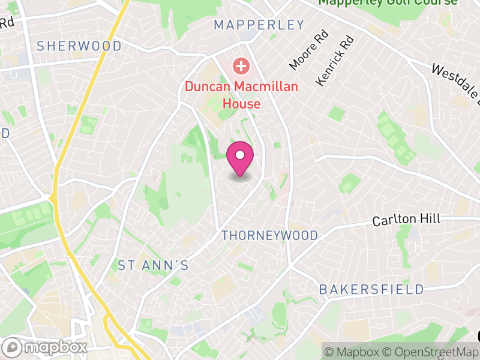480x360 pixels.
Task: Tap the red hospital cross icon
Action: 241,65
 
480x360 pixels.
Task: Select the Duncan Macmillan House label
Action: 241,95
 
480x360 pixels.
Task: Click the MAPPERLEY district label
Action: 259,25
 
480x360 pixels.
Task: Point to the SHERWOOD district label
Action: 79,46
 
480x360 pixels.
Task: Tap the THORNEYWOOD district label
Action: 270,235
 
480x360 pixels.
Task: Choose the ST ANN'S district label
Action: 153,265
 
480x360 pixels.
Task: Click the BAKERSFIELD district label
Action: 371,289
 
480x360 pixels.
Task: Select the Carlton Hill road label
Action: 406,220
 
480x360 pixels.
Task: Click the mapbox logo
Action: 46,347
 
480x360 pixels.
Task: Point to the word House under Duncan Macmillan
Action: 241,103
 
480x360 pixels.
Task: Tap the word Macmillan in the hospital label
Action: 266,86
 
